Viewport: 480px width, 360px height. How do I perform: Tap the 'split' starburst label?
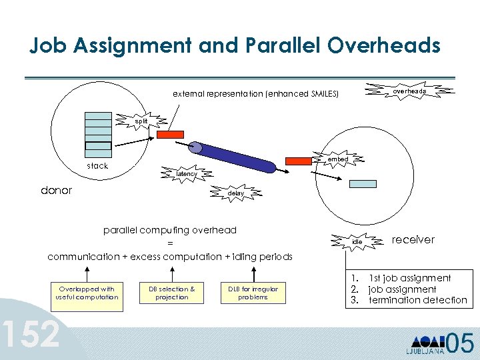click(141, 121)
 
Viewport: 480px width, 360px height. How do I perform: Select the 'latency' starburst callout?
click(186, 174)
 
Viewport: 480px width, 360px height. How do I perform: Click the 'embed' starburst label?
click(337, 160)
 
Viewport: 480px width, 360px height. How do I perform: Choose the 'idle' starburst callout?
click(357, 241)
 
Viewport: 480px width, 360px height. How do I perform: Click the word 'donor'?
click(56, 191)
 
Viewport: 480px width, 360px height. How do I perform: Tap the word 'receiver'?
click(413, 240)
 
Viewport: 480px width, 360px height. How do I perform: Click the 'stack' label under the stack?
click(97, 166)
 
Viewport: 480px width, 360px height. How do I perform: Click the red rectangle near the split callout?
click(169, 134)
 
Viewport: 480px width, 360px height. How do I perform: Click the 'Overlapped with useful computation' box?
click(87, 293)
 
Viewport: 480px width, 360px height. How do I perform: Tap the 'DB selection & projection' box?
click(171, 293)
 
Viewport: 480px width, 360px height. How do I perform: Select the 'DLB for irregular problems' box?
click(253, 293)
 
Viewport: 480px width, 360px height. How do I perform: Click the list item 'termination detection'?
click(417, 301)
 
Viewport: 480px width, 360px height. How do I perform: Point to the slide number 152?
click(30, 335)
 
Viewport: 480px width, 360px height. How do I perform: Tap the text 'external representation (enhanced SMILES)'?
click(255, 95)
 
